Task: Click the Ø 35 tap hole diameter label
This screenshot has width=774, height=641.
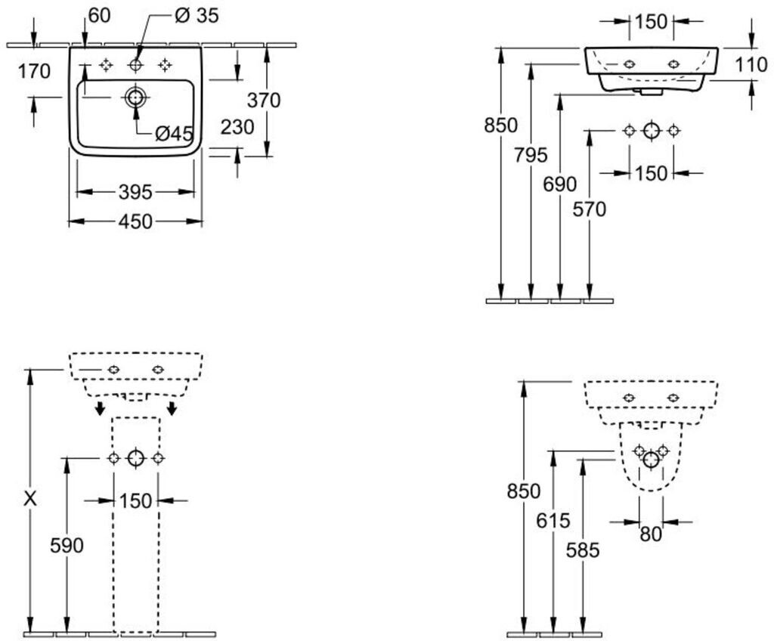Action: [197, 16]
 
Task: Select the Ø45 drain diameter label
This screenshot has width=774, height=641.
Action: [173, 133]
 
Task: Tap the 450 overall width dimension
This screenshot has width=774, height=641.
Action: [135, 221]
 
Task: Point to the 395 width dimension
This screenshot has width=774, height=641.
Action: [135, 192]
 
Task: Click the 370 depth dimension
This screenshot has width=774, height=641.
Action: [264, 101]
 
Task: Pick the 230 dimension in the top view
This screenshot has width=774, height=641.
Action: [237, 128]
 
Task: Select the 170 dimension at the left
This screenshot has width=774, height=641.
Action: [34, 72]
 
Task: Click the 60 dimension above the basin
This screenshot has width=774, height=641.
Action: [99, 16]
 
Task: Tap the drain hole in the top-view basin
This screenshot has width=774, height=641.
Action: [135, 98]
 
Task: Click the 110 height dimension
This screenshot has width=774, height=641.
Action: [751, 65]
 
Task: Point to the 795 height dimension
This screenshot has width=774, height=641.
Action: [531, 156]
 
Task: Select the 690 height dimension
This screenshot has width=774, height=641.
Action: [560, 184]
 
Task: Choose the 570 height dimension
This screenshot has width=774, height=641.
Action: [590, 209]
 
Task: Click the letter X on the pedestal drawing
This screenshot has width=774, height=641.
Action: [30, 500]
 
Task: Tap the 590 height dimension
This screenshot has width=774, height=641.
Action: [67, 546]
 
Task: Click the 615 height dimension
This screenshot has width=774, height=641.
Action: [553, 521]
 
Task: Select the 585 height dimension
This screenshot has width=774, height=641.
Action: [583, 550]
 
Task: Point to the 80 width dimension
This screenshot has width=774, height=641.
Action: [651, 534]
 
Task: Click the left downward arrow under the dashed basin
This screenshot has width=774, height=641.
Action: [101, 408]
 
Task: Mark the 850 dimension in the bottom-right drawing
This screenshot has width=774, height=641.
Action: [524, 491]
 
